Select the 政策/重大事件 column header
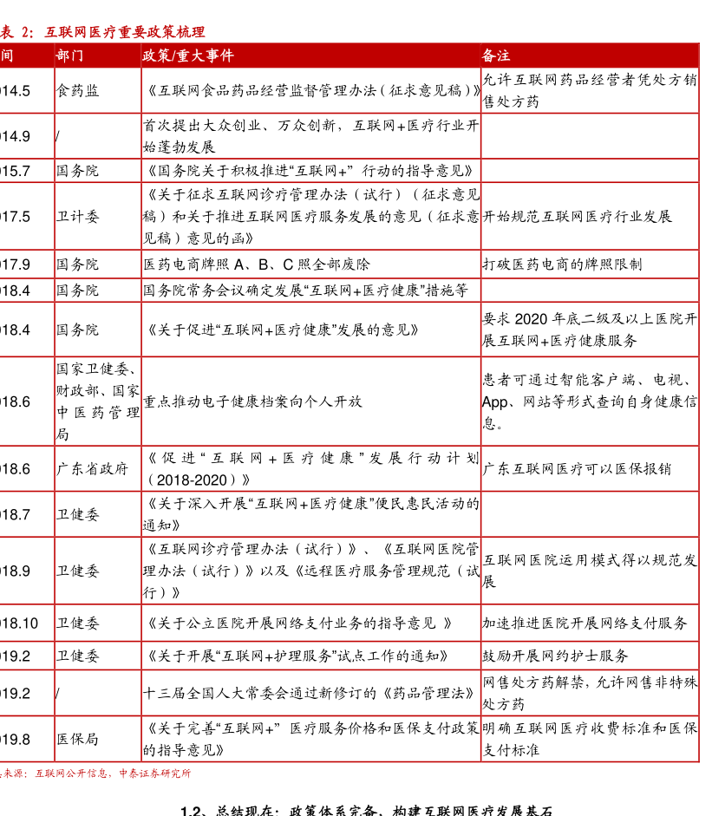point(188,55)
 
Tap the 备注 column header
point(496,55)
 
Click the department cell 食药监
point(78,90)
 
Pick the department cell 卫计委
point(78,216)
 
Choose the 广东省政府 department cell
point(92,468)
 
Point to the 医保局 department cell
point(78,739)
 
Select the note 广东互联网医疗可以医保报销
point(577,468)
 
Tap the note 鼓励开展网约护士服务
point(555,656)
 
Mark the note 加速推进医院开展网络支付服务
point(585,623)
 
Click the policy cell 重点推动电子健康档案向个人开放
point(252,401)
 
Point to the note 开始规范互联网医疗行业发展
point(577,216)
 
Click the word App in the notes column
point(495,402)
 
